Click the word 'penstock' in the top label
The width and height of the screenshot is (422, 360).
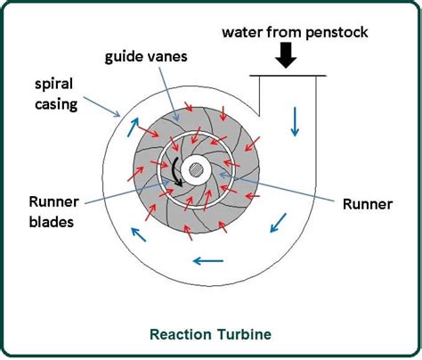(x=337, y=32)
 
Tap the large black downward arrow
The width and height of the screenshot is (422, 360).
(x=286, y=55)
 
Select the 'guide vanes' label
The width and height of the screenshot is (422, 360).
(x=146, y=57)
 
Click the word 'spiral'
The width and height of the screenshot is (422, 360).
(x=53, y=85)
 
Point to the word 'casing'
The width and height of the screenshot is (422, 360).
(x=56, y=105)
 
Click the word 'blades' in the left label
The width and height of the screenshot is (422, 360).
(x=52, y=222)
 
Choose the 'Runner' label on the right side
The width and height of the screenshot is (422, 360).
(x=368, y=204)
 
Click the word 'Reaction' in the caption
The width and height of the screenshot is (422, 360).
(x=180, y=334)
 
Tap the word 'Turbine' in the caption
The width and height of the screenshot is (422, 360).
(x=242, y=334)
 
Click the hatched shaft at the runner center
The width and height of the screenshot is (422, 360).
(x=196, y=170)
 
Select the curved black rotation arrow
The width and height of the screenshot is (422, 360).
(x=176, y=172)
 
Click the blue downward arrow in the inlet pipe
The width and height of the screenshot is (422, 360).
(x=295, y=121)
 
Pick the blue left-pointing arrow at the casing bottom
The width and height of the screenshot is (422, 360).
(x=207, y=261)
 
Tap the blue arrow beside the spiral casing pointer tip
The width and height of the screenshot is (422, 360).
(x=133, y=127)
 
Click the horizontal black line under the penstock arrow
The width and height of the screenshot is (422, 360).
(x=288, y=76)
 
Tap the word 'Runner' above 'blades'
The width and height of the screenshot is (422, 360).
(x=53, y=202)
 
